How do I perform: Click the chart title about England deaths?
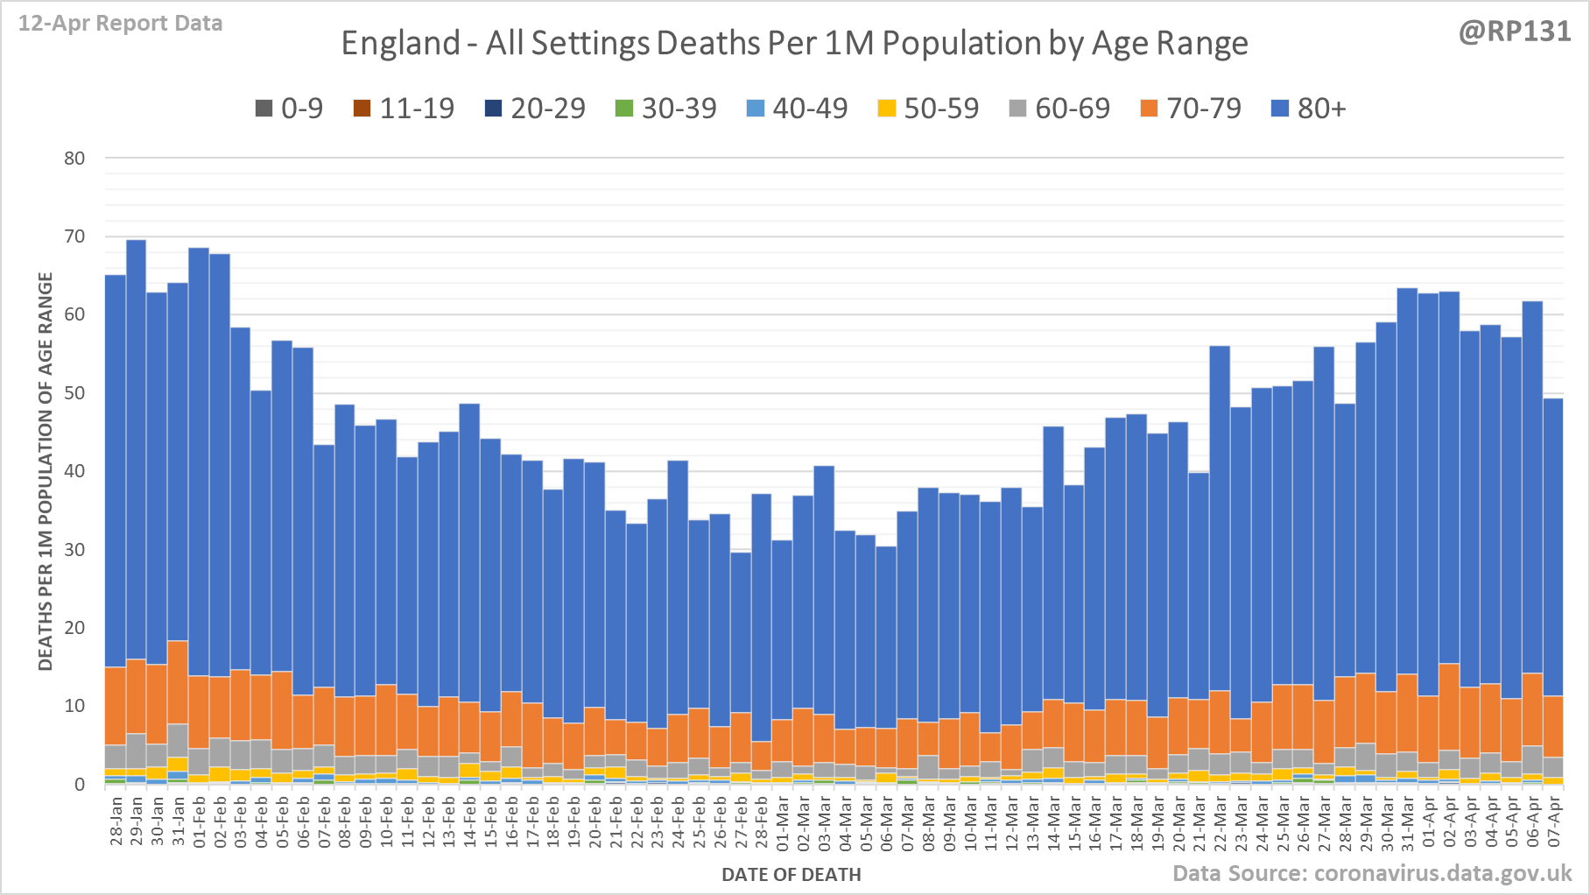click(794, 43)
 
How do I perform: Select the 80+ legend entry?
click(1308, 109)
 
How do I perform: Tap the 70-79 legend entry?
click(1191, 109)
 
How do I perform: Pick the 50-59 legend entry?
click(928, 109)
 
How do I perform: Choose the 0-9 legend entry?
click(289, 109)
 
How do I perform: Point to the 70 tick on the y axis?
click(74, 236)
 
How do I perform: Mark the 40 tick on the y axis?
click(74, 471)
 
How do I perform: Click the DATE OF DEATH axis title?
click(791, 875)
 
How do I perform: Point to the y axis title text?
click(46, 471)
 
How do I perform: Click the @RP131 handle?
click(1514, 32)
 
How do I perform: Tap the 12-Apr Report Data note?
click(120, 24)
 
